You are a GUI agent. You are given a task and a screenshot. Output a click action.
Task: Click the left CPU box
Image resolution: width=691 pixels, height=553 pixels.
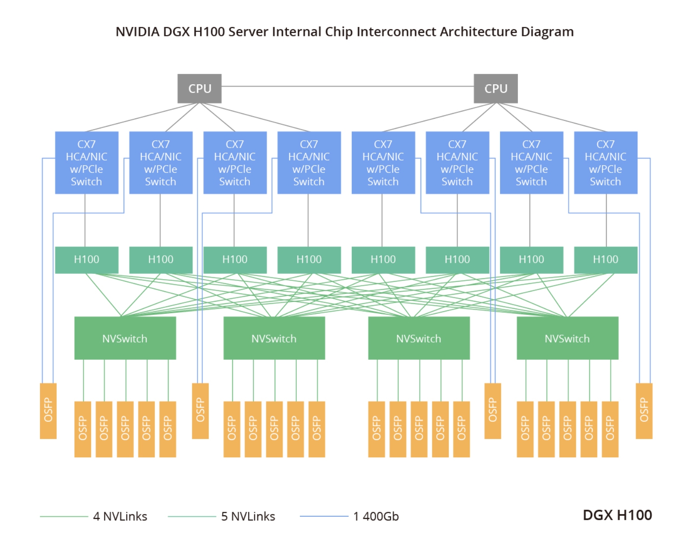pos(199,89)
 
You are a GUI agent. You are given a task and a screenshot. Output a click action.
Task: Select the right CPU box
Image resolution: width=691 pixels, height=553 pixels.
pos(496,89)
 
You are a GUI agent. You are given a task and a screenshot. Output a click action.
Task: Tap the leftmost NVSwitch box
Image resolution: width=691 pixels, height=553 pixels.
pos(125,338)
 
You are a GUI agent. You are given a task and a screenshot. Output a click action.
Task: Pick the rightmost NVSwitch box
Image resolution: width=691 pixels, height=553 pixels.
pos(567,338)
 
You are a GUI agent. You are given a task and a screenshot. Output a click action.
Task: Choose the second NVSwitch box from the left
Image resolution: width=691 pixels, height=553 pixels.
pos(274,338)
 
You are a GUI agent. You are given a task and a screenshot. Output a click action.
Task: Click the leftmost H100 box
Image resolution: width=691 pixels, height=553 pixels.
pos(86,260)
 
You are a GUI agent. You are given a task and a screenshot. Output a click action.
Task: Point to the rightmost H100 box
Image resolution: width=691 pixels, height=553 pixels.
pos(606,260)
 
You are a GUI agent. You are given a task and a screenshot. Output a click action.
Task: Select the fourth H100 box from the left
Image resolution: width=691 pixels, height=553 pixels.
pos(309,260)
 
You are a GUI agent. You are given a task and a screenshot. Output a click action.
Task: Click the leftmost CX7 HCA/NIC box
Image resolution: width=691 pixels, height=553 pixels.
pos(86,163)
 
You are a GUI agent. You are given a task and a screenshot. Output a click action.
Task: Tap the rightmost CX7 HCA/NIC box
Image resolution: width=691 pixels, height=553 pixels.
pos(606,163)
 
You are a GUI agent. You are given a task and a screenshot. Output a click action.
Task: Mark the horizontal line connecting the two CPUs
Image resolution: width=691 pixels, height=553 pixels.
pos(348,86)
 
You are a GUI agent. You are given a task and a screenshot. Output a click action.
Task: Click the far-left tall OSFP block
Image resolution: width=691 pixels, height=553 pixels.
pos(48,411)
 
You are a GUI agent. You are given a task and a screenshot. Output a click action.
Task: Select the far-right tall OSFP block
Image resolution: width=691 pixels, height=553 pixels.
pos(644,411)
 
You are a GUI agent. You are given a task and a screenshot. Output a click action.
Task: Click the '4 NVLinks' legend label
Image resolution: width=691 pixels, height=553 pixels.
pos(120,517)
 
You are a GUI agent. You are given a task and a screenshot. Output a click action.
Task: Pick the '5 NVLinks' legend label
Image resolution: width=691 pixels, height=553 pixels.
pos(248,517)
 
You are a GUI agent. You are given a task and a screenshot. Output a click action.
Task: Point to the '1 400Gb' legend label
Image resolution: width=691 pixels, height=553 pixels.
pos(376,517)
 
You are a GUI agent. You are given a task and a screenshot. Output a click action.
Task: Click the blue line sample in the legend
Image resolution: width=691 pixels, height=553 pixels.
pos(324,516)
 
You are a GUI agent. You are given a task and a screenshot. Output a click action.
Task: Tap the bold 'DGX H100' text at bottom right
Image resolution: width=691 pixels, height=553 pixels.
pos(617,515)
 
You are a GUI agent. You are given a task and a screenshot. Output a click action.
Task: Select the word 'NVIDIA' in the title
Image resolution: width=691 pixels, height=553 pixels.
pos(137,32)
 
